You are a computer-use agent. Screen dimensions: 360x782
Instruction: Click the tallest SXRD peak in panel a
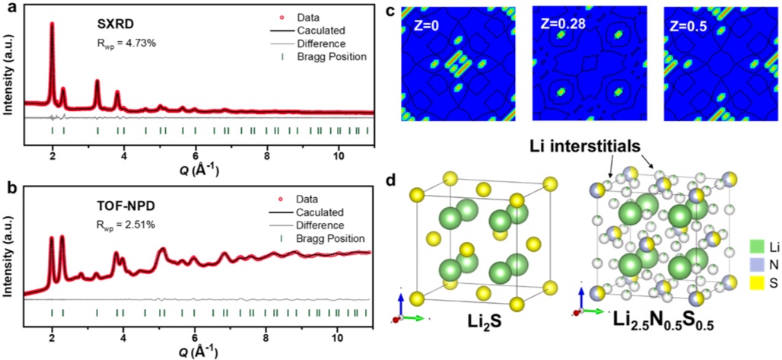coord(52,24)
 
